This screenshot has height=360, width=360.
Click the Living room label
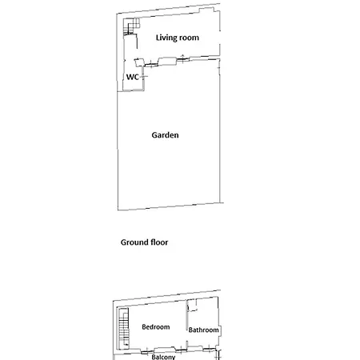(166, 38)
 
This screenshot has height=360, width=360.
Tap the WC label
(133, 78)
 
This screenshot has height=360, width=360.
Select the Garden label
(165, 135)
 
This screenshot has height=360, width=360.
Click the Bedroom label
(155, 326)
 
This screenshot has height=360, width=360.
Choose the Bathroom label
(203, 330)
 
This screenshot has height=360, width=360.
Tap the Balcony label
(163, 357)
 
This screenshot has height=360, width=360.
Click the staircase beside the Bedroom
(122, 328)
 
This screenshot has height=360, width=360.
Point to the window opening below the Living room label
(168, 59)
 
